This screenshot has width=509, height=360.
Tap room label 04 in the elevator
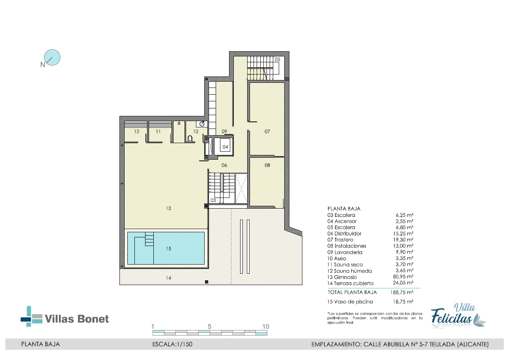[225, 147]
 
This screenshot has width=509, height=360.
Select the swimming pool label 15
[168, 249]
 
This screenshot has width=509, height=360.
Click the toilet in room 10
[190, 138]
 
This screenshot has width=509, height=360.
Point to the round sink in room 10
[202, 124]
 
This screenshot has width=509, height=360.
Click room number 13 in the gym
[168, 208]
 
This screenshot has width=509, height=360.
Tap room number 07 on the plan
[267, 131]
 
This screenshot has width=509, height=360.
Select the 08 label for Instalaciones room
[267, 165]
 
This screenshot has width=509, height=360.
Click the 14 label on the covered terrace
[168, 278]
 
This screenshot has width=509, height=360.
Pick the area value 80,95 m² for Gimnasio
[403, 276]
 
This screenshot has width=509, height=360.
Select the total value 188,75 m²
[401, 292]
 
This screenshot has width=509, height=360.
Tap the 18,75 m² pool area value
[403, 302]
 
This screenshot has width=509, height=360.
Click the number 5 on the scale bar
[209, 326]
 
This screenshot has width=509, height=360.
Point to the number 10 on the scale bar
[266, 326]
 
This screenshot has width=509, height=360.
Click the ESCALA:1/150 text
[172, 344]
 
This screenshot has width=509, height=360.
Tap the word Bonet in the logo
[93, 319]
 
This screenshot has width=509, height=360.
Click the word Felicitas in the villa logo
[451, 316]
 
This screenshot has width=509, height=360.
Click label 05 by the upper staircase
[277, 59]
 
